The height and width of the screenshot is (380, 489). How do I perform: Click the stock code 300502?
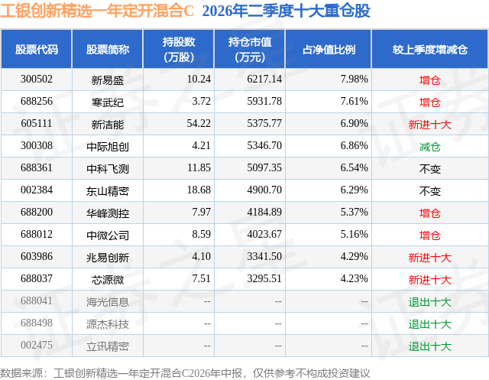37,80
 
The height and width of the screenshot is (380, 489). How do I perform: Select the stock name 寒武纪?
108,102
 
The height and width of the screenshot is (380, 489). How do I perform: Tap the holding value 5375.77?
264,124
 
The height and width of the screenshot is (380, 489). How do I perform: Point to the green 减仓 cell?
429,146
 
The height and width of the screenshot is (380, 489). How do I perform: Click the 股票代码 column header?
37,49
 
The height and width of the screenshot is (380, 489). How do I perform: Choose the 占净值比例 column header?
329,49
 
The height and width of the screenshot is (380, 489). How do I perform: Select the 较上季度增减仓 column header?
429,49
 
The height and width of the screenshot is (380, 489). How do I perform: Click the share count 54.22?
199,124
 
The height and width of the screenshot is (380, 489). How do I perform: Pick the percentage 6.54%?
354,168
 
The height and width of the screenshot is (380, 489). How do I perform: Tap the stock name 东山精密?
108,190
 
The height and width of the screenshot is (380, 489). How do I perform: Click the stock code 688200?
37,212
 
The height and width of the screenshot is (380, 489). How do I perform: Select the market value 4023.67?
264,234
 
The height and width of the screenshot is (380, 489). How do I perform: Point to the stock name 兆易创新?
108,257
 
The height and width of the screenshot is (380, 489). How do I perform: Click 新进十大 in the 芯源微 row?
429,279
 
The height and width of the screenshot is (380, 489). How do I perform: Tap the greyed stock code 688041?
37,300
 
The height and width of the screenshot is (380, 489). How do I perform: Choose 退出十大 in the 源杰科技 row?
429,323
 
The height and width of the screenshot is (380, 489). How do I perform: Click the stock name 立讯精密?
108,346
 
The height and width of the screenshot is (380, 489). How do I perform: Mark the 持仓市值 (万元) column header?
250,49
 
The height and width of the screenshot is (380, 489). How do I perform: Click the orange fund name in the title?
97,11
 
